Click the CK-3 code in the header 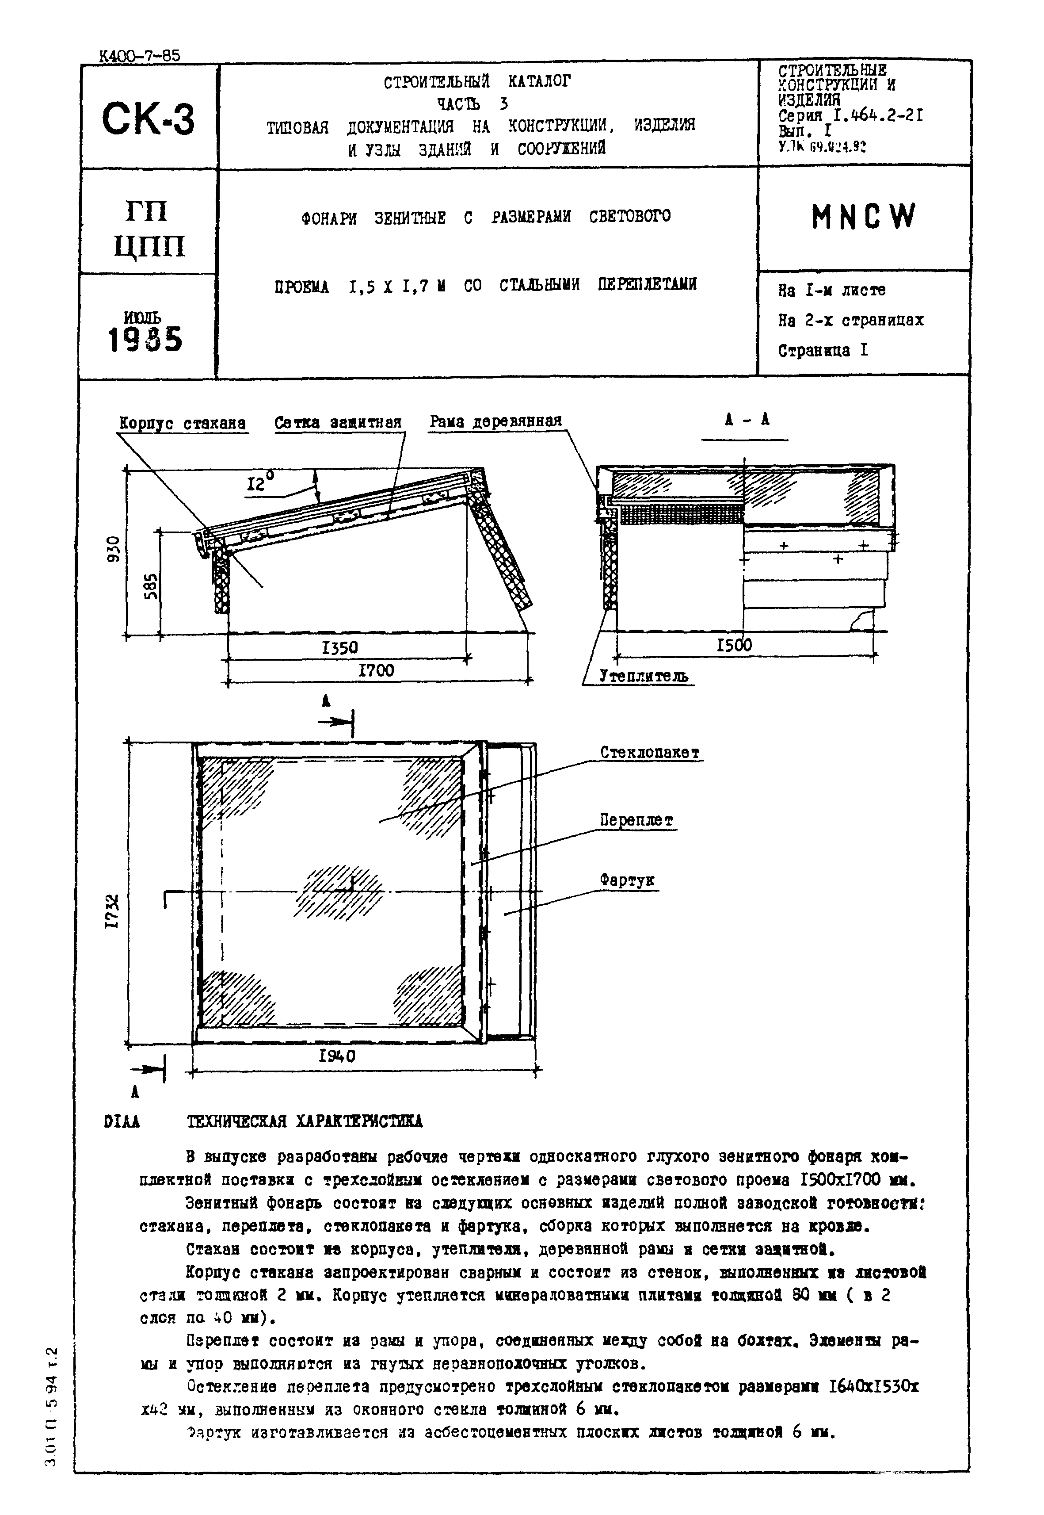click(149, 119)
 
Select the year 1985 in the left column click(145, 340)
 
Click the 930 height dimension click(114, 549)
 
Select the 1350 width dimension click(340, 647)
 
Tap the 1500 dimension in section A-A click(734, 645)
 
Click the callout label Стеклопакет click(650, 753)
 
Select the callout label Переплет click(636, 820)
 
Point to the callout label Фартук click(627, 880)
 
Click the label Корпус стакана click(183, 424)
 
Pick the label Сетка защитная click(338, 423)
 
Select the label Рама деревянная click(495, 421)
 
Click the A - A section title click(747, 420)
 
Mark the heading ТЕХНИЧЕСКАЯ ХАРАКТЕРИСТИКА click(305, 1122)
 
